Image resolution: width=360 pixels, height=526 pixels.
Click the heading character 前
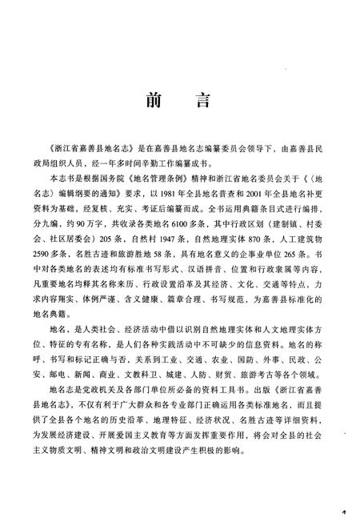point(153,102)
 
